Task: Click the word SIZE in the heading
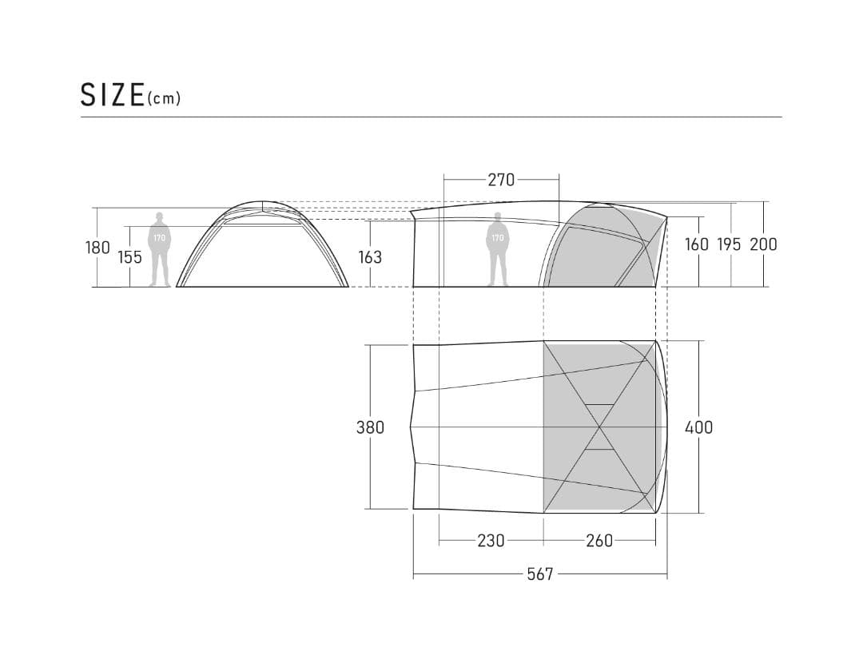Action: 113,94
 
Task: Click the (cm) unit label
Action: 164,98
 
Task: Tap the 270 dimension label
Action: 501,180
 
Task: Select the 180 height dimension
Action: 97,248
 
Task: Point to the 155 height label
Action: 130,257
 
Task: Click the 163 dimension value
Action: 370,257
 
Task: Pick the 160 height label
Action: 697,244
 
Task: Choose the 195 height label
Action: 730,244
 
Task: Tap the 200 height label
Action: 763,244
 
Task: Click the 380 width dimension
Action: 370,427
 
